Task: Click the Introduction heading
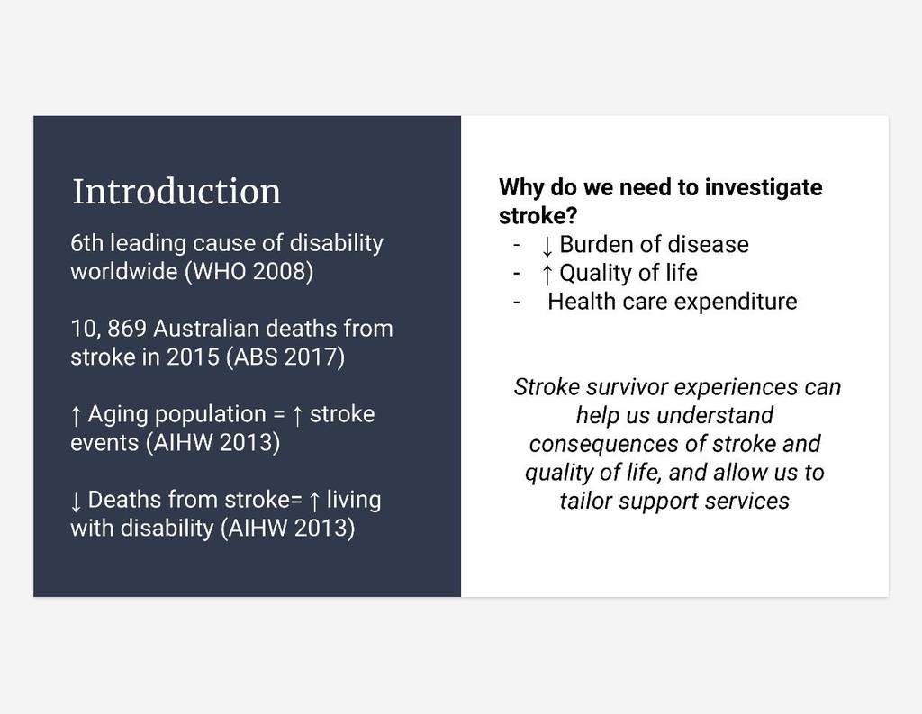pyautogui.click(x=176, y=191)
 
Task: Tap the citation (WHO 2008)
pyautogui.click(x=249, y=271)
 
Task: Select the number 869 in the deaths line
pyautogui.click(x=126, y=328)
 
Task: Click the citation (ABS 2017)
pyautogui.click(x=285, y=357)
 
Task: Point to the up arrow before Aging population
pyautogui.click(x=76, y=415)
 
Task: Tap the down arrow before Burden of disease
pyautogui.click(x=547, y=246)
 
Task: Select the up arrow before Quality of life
pyautogui.click(x=547, y=274)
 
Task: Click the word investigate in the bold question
pyautogui.click(x=764, y=187)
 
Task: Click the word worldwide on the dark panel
pyautogui.click(x=124, y=271)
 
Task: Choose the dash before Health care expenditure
pyautogui.click(x=517, y=303)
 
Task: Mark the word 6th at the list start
pyautogui.click(x=87, y=243)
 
